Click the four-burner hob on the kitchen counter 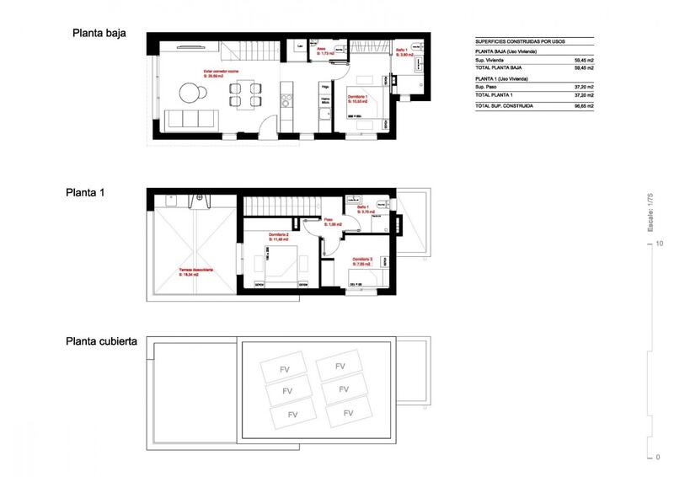pyautogui.click(x=286, y=100)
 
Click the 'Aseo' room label pyautogui.click(x=322, y=50)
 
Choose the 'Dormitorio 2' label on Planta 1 pyautogui.click(x=279, y=234)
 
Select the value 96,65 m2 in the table pyautogui.click(x=583, y=106)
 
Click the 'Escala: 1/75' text pyautogui.click(x=650, y=212)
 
